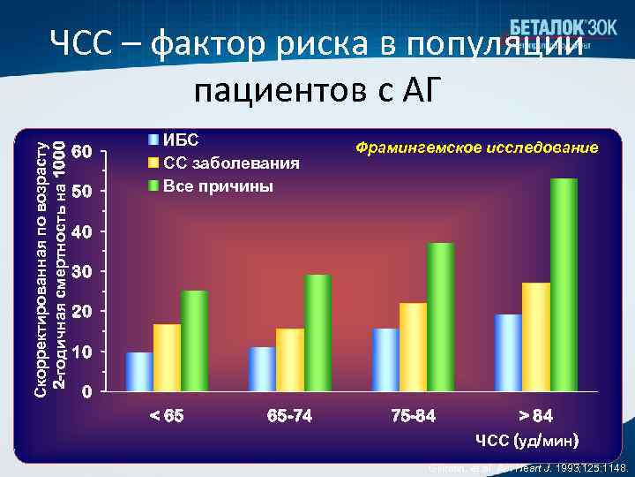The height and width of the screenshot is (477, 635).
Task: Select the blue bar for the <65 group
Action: tap(139, 372)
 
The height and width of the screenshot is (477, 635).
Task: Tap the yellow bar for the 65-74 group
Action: tap(290, 360)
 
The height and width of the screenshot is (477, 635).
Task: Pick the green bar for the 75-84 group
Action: tap(441, 316)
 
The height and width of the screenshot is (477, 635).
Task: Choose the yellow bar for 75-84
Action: tap(413, 346)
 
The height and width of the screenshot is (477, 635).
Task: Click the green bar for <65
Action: tap(194, 340)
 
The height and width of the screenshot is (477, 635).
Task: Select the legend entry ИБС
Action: tap(180, 140)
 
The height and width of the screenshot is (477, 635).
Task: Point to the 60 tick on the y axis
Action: tap(80, 151)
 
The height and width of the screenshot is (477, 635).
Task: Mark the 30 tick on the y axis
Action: tap(80, 272)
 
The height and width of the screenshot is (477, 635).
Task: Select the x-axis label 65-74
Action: tap(289, 416)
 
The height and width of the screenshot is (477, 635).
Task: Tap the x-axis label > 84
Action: tap(536, 416)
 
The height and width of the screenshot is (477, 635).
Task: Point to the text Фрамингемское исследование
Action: tap(476, 147)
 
